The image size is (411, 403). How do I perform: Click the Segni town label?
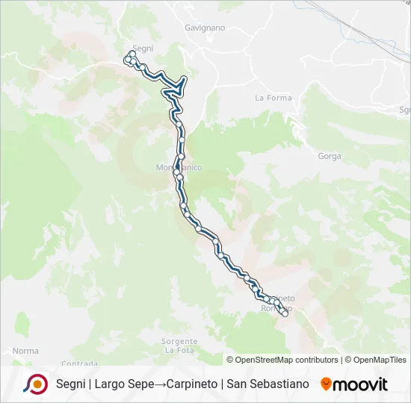tap(142, 48)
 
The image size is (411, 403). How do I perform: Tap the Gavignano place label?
tap(204, 28)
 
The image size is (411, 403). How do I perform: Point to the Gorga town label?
tap(329, 156)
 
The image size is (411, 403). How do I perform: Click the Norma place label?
tap(25, 351)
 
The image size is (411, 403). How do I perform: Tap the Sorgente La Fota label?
tap(179, 346)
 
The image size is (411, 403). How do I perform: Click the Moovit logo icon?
tap(326, 384)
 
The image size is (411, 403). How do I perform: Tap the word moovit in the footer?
tap(359, 384)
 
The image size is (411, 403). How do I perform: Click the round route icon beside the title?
tap(35, 384)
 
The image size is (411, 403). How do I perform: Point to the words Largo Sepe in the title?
tap(124, 384)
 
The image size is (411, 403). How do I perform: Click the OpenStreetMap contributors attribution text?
tap(287, 360)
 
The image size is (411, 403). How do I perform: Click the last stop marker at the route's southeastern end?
tap(285, 314)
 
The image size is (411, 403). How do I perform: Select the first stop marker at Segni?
tap(132, 54)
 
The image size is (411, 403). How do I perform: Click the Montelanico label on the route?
tap(179, 167)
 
